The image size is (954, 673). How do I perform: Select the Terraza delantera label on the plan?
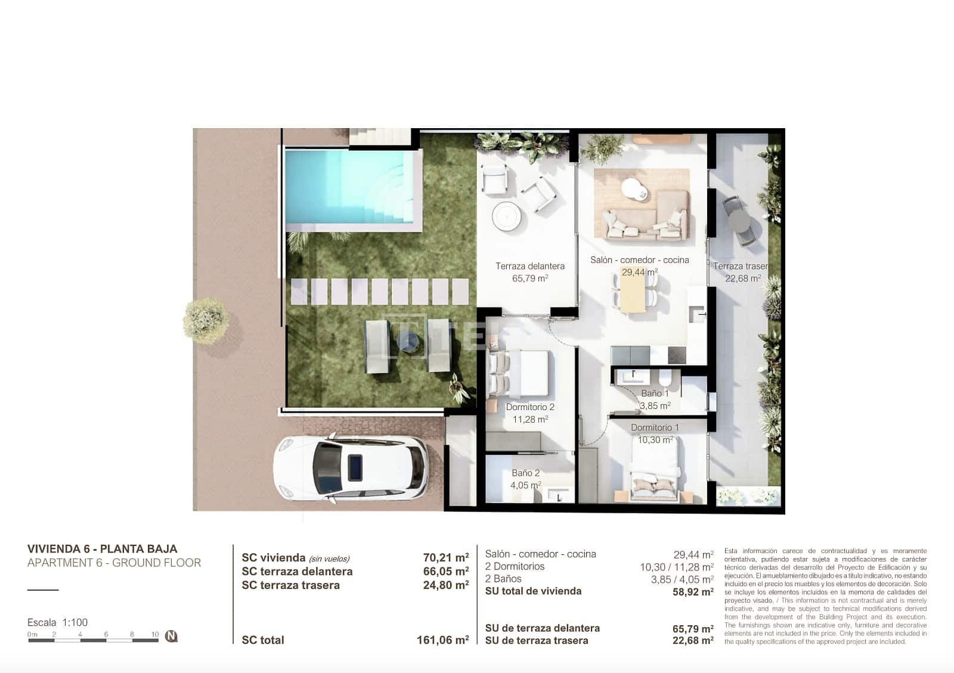point(529,266)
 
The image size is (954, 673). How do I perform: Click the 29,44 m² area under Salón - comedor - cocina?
point(639,272)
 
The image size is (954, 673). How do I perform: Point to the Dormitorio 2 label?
point(530,407)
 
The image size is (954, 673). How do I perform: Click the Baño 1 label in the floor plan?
point(655,393)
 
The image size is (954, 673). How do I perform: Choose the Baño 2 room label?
point(525,473)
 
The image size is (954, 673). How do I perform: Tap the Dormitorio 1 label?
point(655,427)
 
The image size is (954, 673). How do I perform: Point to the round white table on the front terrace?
point(509,215)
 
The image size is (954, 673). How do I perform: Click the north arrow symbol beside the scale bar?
point(172,636)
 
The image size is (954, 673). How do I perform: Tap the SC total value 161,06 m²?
point(442,640)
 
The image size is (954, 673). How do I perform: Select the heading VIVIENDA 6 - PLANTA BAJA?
point(102,549)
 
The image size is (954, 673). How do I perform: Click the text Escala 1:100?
point(57,622)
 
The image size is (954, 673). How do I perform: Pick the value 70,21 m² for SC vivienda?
point(445,558)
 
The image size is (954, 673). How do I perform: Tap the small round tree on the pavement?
point(206,320)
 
